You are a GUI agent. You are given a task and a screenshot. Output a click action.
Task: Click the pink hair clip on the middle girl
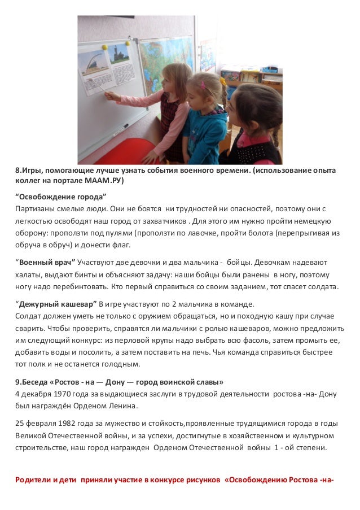click(x=202, y=86)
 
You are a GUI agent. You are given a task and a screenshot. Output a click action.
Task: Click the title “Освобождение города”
click(x=60, y=197)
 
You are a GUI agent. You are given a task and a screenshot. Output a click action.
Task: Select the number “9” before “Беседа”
click(x=17, y=381)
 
